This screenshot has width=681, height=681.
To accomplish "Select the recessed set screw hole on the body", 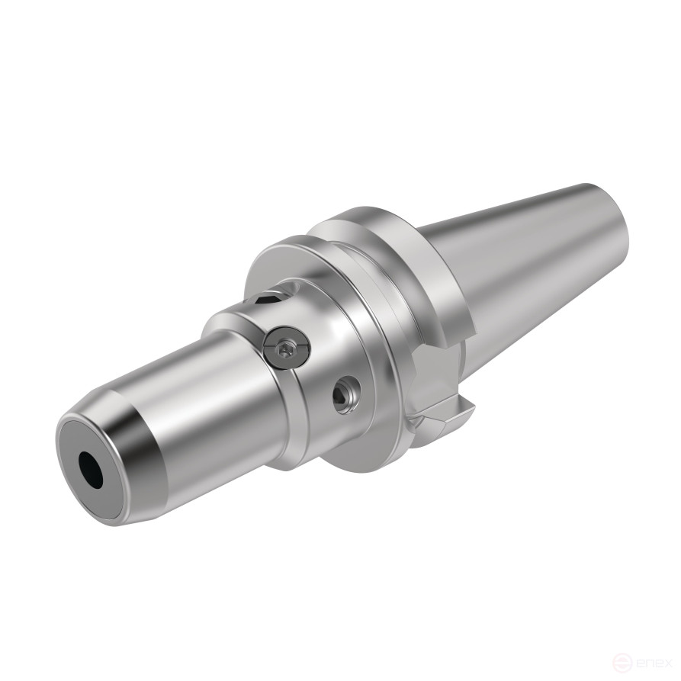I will coord(343,396).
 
